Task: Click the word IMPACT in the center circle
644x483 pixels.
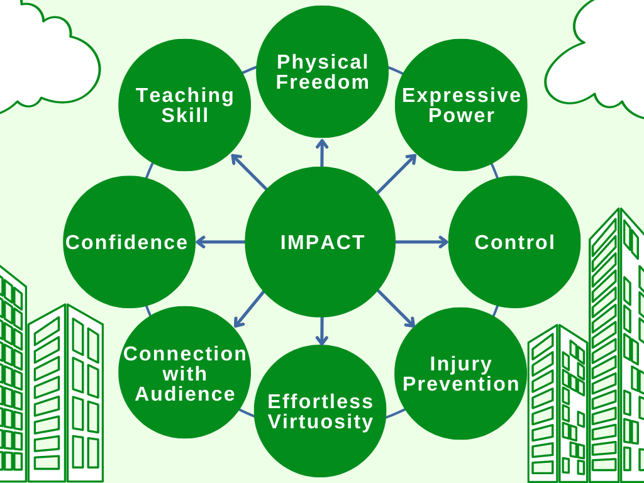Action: tap(323, 242)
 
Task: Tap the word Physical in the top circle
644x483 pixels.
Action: tap(323, 62)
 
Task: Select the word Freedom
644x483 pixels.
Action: tap(323, 81)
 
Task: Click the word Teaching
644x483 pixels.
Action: tap(185, 96)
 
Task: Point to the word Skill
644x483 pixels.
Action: tap(185, 115)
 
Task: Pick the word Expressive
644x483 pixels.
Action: tap(461, 96)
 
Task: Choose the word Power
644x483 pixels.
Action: tap(461, 115)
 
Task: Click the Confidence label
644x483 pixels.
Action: tap(126, 242)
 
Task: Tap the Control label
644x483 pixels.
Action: tap(514, 242)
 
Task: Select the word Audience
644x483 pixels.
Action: tap(185, 394)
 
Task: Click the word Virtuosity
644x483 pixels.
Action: tap(321, 422)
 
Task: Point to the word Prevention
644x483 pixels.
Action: tap(461, 384)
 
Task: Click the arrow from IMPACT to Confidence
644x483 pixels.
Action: tap(221, 242)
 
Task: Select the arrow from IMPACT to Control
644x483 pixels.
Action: tap(422, 242)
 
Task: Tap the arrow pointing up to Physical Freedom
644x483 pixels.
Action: tap(322, 153)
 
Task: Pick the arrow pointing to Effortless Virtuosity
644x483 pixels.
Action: tap(322, 331)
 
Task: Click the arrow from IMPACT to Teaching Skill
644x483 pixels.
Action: tap(249, 172)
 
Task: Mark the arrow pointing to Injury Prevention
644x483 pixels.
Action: tap(396, 309)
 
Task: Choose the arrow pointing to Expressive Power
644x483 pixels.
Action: tap(397, 174)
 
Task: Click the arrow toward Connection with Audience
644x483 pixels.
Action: tap(249, 309)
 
